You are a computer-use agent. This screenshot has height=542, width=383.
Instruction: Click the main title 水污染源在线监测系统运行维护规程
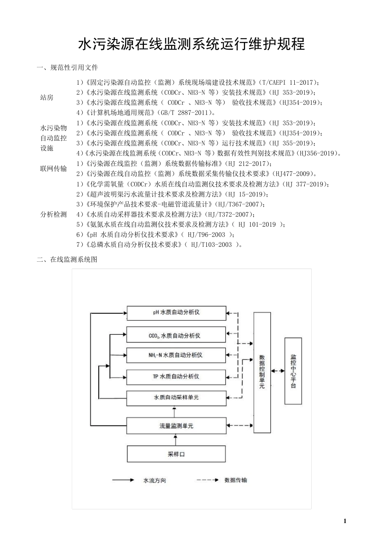(191, 44)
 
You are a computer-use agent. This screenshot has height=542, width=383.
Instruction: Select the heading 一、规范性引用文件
(67, 67)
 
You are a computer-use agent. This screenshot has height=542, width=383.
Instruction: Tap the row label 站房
(47, 98)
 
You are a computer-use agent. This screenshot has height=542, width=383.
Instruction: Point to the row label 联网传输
(54, 169)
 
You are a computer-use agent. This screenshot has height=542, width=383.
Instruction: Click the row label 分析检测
(54, 215)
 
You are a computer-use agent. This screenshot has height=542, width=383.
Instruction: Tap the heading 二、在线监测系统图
(67, 260)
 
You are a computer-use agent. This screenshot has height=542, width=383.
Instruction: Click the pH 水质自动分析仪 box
(176, 313)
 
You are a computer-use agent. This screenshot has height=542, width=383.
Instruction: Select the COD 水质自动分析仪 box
(176, 335)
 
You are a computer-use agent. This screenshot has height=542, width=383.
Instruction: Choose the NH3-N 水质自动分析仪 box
(176, 355)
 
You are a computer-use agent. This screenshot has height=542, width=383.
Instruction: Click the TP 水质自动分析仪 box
(176, 377)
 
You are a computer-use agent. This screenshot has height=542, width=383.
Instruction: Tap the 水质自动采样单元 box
(176, 398)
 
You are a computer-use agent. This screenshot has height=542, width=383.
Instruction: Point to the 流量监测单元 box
(176, 426)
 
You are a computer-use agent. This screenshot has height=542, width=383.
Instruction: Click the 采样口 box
(176, 454)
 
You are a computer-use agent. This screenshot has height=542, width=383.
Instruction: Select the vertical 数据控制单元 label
(262, 371)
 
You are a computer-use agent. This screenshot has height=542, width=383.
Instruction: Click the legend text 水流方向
(155, 480)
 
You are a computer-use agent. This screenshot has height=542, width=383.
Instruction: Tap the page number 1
(345, 521)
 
